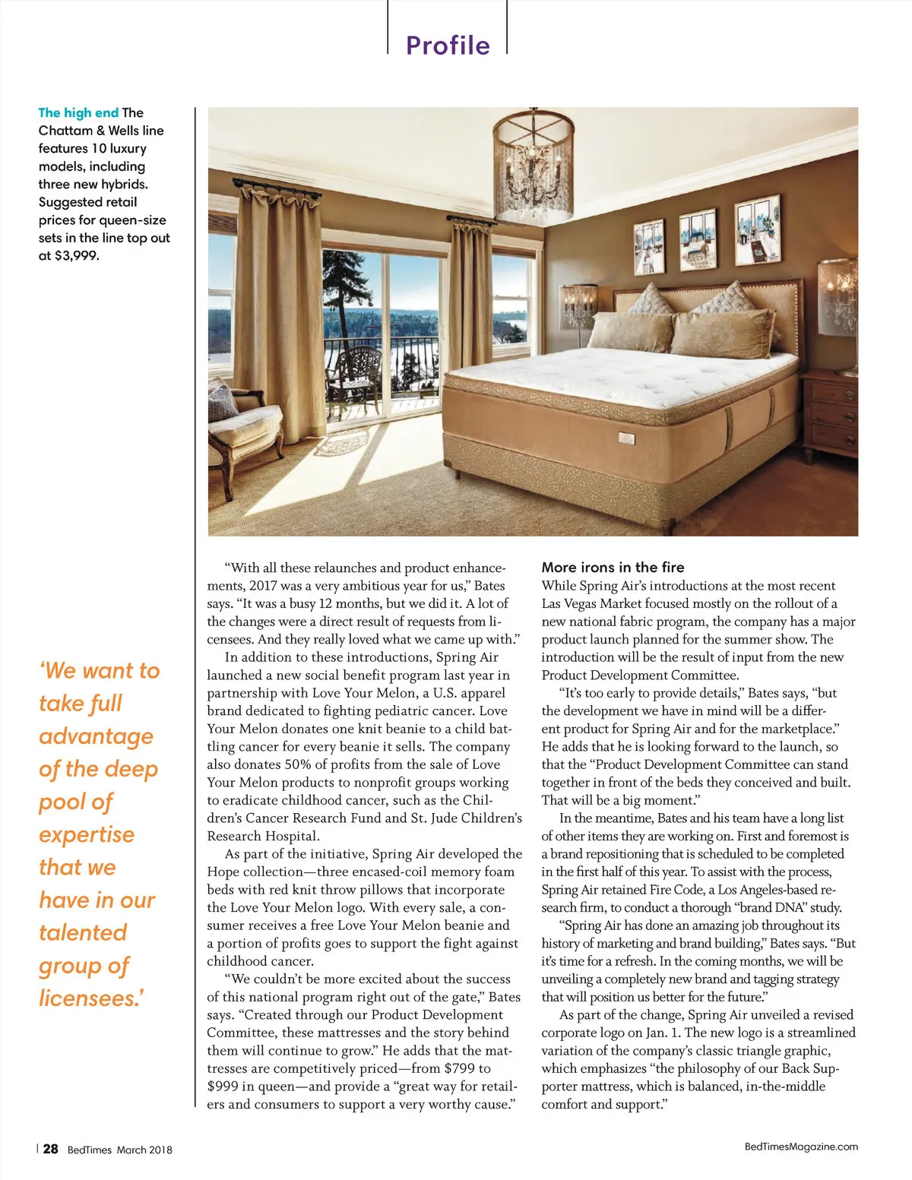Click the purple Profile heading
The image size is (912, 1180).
[x=448, y=46]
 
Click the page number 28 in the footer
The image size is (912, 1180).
[x=50, y=1149]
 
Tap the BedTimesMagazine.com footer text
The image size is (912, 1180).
[x=801, y=1147]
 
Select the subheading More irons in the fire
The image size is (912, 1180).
[x=613, y=568]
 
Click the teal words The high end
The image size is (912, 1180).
[x=78, y=113]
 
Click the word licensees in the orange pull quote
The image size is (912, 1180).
[x=90, y=998]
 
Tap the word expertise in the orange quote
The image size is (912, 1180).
[x=87, y=834]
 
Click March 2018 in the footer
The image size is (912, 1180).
[x=144, y=1150]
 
